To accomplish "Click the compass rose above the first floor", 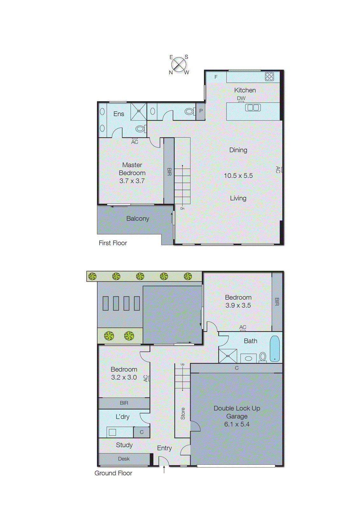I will click(179, 65).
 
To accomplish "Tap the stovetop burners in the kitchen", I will click(269, 76).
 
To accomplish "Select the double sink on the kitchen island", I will click(253, 108).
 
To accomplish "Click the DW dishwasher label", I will click(241, 98).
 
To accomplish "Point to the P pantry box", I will click(201, 111).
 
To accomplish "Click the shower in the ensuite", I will click(139, 111).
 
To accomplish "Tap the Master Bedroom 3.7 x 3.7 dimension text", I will click(132, 181).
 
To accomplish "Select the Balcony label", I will click(137, 219).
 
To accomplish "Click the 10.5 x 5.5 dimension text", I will click(238, 176).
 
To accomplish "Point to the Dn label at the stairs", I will click(182, 209).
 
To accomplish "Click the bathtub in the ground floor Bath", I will click(274, 349).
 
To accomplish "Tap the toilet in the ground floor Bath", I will click(263, 357).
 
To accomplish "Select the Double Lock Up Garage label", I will click(237, 412).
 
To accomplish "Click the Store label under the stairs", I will click(183, 413).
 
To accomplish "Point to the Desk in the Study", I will click(124, 459).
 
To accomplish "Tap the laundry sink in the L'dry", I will click(112, 432).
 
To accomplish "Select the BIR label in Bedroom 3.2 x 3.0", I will click(124, 403).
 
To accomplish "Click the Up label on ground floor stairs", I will click(182, 364).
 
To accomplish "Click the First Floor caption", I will click(113, 243).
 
